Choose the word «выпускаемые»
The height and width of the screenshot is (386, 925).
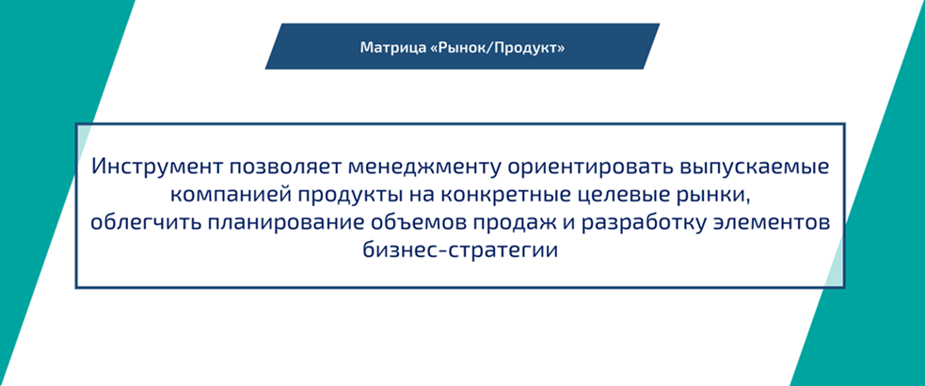[749, 169]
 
